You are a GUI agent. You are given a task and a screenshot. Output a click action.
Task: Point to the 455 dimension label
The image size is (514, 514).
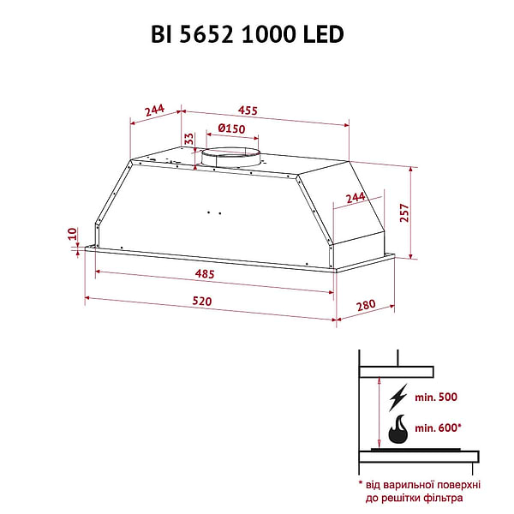tap(248, 110)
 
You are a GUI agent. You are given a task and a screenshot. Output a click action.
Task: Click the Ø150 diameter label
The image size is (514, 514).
tap(231, 129)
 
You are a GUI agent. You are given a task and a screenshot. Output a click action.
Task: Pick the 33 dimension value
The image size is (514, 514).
tap(188, 140)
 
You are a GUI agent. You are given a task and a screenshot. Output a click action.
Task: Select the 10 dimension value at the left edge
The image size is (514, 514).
tap(74, 233)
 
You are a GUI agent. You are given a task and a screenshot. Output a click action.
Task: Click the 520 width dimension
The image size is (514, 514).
tap(201, 302)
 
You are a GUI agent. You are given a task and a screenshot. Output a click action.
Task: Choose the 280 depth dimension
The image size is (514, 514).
tap(367, 306)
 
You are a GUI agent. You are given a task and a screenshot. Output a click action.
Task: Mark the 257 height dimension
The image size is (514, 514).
tap(405, 213)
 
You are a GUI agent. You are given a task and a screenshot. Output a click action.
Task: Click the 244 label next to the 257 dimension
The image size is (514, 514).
tap(354, 198)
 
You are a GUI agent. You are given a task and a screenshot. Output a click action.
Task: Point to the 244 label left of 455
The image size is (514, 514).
tap(154, 110)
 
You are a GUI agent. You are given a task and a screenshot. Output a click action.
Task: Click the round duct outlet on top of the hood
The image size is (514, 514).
tap(230, 158)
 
